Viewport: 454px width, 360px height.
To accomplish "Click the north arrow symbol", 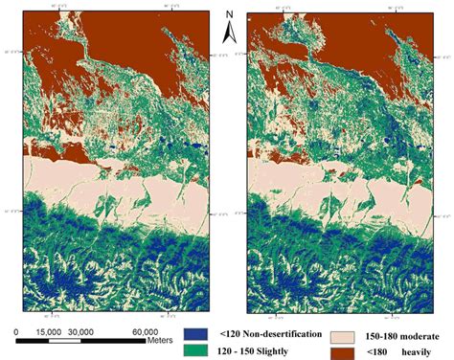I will click(x=230, y=34).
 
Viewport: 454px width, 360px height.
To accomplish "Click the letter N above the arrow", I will click(x=230, y=14).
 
